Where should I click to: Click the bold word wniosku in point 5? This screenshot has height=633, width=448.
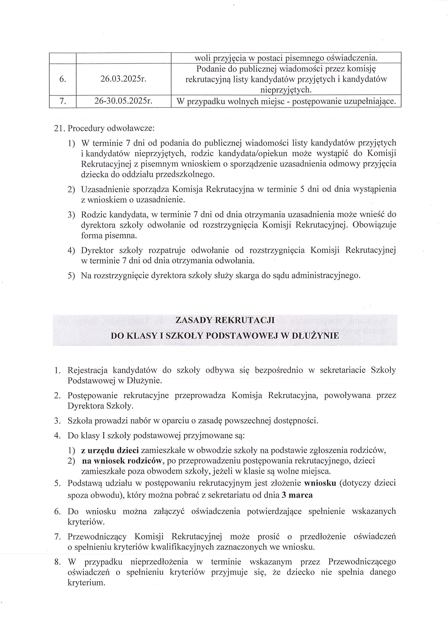pyautogui.click(x=320, y=483)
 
